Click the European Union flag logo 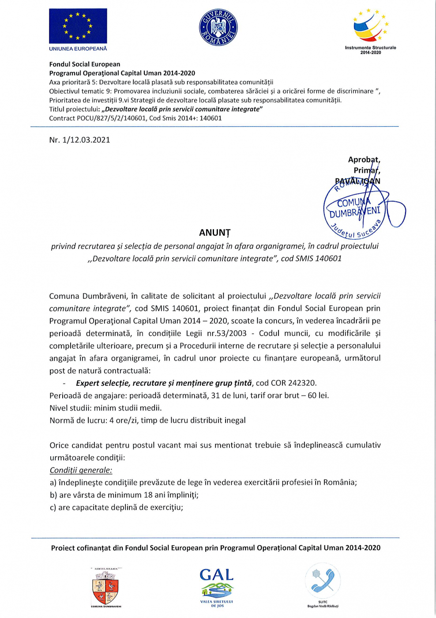pos(78,26)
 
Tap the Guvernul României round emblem pos(218,28)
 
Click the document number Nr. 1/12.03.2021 pos(79,140)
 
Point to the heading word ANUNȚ pos(214,233)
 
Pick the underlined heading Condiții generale pos(81,470)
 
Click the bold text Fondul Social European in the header pos(85,64)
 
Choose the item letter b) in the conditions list pos(53,495)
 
